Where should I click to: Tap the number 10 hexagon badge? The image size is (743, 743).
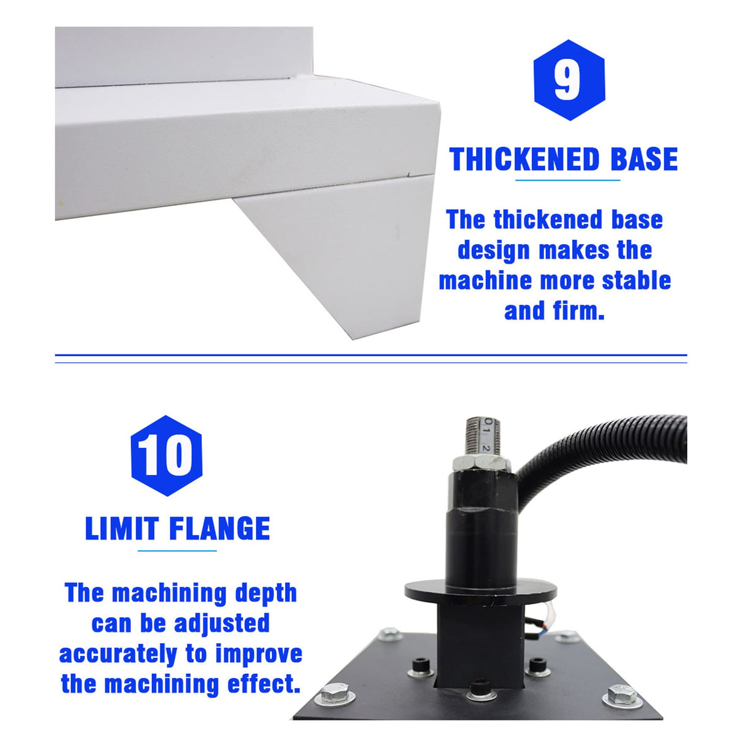coord(166,455)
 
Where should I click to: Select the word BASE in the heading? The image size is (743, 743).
coord(644,160)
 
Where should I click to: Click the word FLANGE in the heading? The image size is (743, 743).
coord(219,529)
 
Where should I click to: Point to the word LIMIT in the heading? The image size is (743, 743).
coord(122,529)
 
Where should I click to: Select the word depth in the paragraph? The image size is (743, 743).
coord(266,593)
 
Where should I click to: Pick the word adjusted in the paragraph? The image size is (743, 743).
coord(222,623)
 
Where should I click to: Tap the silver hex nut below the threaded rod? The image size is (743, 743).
coord(481,463)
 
